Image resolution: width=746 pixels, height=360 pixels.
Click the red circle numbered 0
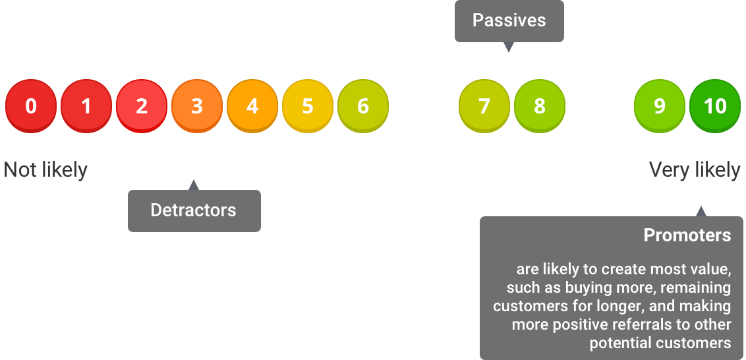pyautogui.click(x=31, y=106)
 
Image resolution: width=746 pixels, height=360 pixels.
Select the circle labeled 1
pyautogui.click(x=86, y=106)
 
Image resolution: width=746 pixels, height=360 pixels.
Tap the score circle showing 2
pyautogui.click(x=142, y=106)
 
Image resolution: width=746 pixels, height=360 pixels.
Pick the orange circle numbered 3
pyautogui.click(x=197, y=106)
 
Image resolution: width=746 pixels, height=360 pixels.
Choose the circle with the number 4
pyautogui.click(x=252, y=106)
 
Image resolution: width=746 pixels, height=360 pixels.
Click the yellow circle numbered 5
pyautogui.click(x=308, y=106)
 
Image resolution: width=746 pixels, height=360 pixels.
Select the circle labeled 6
pyautogui.click(x=363, y=106)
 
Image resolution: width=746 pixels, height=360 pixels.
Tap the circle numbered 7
pyautogui.click(x=484, y=106)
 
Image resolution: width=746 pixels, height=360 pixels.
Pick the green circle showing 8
pyautogui.click(x=540, y=106)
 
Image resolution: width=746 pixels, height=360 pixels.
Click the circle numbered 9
pyautogui.click(x=660, y=106)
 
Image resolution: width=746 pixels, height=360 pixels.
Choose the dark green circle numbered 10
pyautogui.click(x=715, y=106)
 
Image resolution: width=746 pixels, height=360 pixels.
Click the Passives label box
pyautogui.click(x=509, y=21)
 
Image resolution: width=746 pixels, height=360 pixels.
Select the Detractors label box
pyautogui.click(x=194, y=211)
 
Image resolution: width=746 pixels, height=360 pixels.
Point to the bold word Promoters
pyautogui.click(x=687, y=235)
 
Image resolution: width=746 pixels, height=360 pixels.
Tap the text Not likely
pyautogui.click(x=45, y=170)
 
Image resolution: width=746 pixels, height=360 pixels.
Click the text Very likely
pyautogui.click(x=695, y=170)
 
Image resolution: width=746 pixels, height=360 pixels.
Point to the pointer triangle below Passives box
pyautogui.click(x=509, y=47)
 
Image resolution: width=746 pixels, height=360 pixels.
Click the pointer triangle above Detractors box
pyautogui.click(x=193, y=185)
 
